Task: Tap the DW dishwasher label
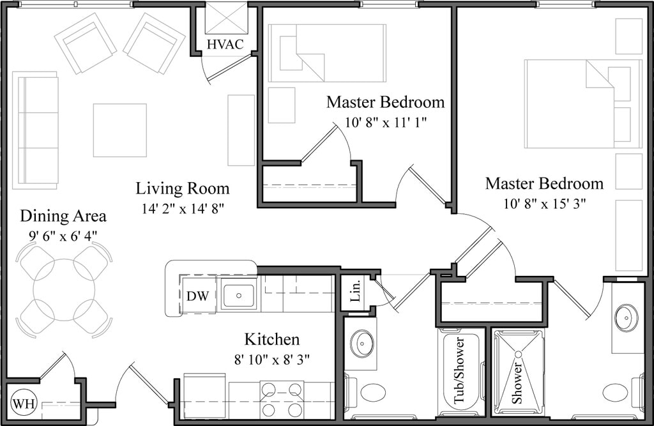tap(195, 296)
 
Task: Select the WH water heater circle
tap(24, 403)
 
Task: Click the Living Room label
tap(182, 188)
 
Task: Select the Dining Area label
tap(63, 216)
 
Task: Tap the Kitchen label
tap(271, 339)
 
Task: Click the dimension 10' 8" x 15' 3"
tap(544, 204)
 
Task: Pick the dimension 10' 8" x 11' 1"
tap(385, 122)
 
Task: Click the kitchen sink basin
tap(238, 296)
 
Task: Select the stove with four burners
tap(282, 399)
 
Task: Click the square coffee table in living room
tap(119, 130)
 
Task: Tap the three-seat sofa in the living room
tap(36, 130)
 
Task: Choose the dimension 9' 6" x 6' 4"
tap(63, 235)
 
